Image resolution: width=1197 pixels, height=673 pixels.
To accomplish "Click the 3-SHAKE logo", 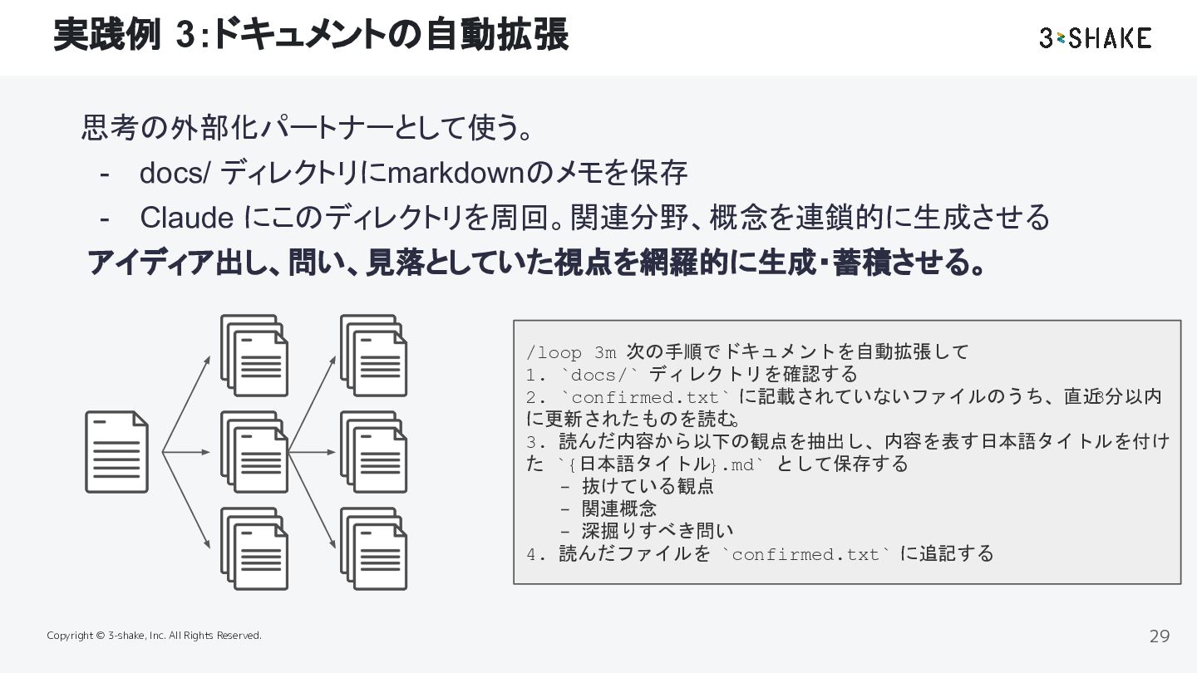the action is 1095,38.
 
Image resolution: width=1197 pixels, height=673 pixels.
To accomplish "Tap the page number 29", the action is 1159,636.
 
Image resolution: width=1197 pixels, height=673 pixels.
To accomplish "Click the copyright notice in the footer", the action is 154,636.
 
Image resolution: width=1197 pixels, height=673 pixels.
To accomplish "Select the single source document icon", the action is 116,452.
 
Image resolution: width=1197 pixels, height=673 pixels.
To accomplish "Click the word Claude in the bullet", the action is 186,218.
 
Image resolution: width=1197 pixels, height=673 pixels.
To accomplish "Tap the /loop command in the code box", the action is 554,352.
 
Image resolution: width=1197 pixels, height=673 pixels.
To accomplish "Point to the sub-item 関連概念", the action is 619,508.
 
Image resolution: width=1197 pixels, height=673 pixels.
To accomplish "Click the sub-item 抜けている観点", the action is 648,487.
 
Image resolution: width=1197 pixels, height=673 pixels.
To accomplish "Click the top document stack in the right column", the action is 374,356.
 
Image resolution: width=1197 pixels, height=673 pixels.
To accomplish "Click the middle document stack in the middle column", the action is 254,452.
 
